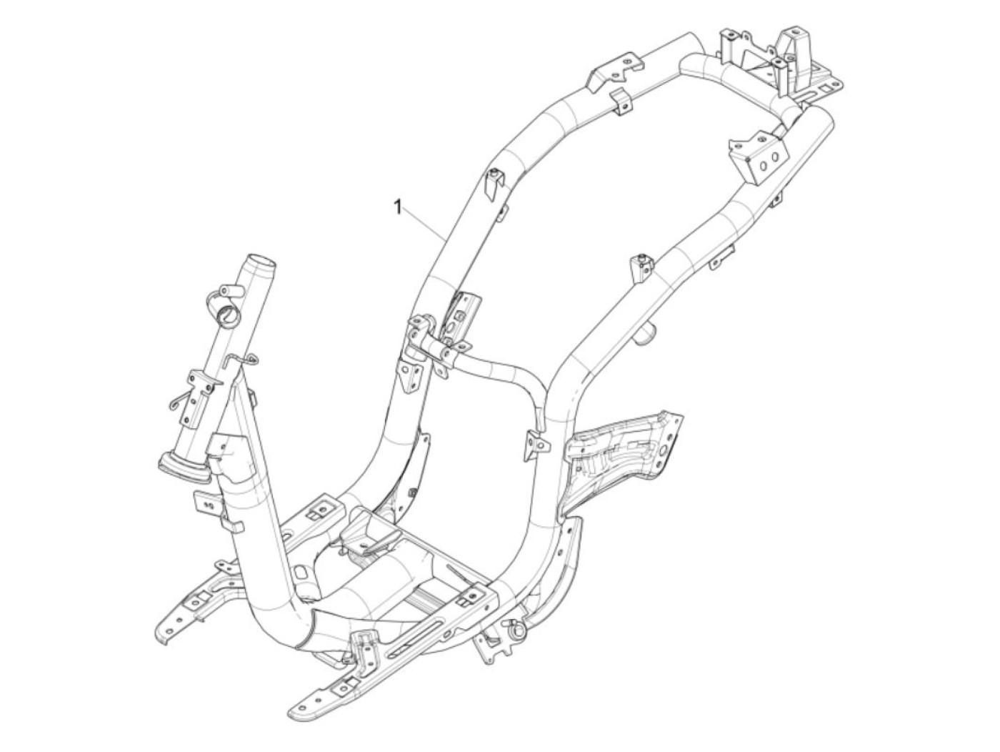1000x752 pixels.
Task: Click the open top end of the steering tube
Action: [261, 262]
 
